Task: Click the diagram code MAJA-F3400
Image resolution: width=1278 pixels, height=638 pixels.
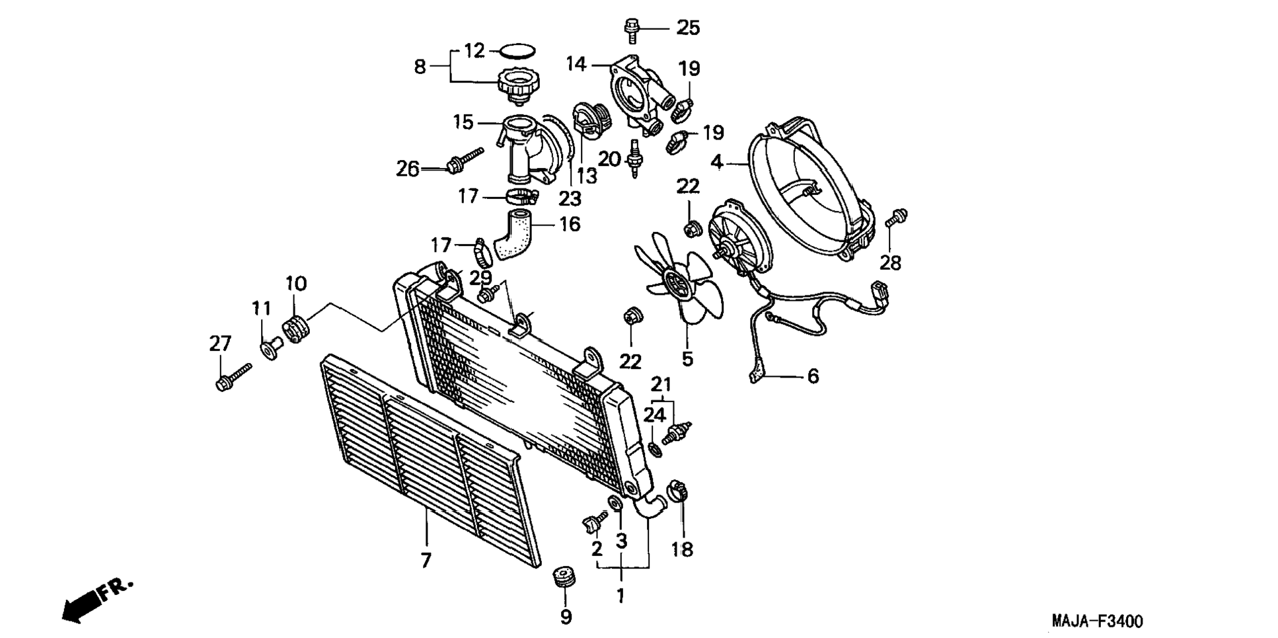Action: (1097, 621)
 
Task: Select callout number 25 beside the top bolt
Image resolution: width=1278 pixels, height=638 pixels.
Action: (687, 28)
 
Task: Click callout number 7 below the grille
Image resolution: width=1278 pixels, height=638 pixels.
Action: (426, 561)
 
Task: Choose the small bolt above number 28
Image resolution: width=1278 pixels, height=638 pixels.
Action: (896, 217)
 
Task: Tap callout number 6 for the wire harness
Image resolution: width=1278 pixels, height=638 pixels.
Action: (813, 376)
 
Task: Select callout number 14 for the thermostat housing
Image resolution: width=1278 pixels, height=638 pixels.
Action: (576, 64)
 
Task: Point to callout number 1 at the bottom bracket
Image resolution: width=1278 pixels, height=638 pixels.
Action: (620, 596)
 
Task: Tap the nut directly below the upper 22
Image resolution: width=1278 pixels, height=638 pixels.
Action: (689, 229)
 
